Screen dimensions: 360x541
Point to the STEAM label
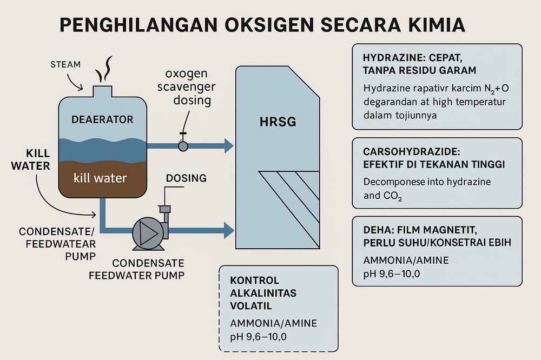click(x=65, y=64)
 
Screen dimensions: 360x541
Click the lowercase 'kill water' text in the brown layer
click(x=101, y=177)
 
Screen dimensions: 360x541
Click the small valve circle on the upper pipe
click(x=183, y=145)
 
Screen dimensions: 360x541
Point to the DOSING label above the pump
click(x=186, y=178)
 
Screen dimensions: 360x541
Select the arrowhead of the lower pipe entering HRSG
click(x=228, y=230)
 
